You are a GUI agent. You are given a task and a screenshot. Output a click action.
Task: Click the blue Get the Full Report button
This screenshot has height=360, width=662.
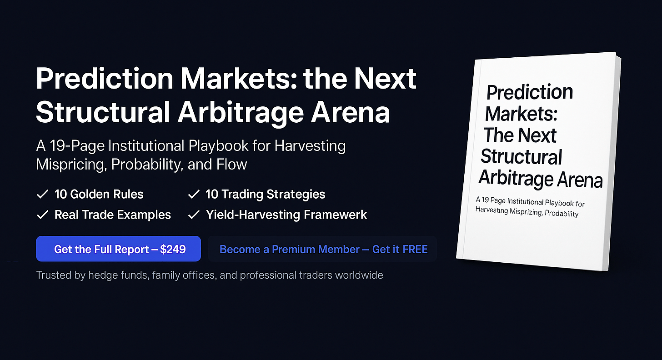(118, 249)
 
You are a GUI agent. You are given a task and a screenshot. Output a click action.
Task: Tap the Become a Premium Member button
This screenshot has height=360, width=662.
(323, 249)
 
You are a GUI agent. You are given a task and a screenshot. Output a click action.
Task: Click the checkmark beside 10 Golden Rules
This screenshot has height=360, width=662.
(42, 194)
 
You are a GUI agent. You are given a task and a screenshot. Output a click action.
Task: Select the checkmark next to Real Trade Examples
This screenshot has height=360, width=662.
(42, 215)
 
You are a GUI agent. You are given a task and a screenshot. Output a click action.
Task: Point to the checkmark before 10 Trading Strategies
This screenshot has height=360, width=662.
(194, 194)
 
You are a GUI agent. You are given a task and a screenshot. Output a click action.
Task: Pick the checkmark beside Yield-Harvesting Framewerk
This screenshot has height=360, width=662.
(194, 215)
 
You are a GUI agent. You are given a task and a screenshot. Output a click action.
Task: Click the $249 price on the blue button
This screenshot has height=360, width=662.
(173, 249)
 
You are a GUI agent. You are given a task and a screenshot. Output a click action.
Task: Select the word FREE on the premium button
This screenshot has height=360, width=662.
(415, 249)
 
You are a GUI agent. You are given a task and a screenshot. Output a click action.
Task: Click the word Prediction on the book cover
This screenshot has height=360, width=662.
(530, 92)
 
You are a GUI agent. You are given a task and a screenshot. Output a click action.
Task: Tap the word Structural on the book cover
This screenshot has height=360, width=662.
(522, 157)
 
